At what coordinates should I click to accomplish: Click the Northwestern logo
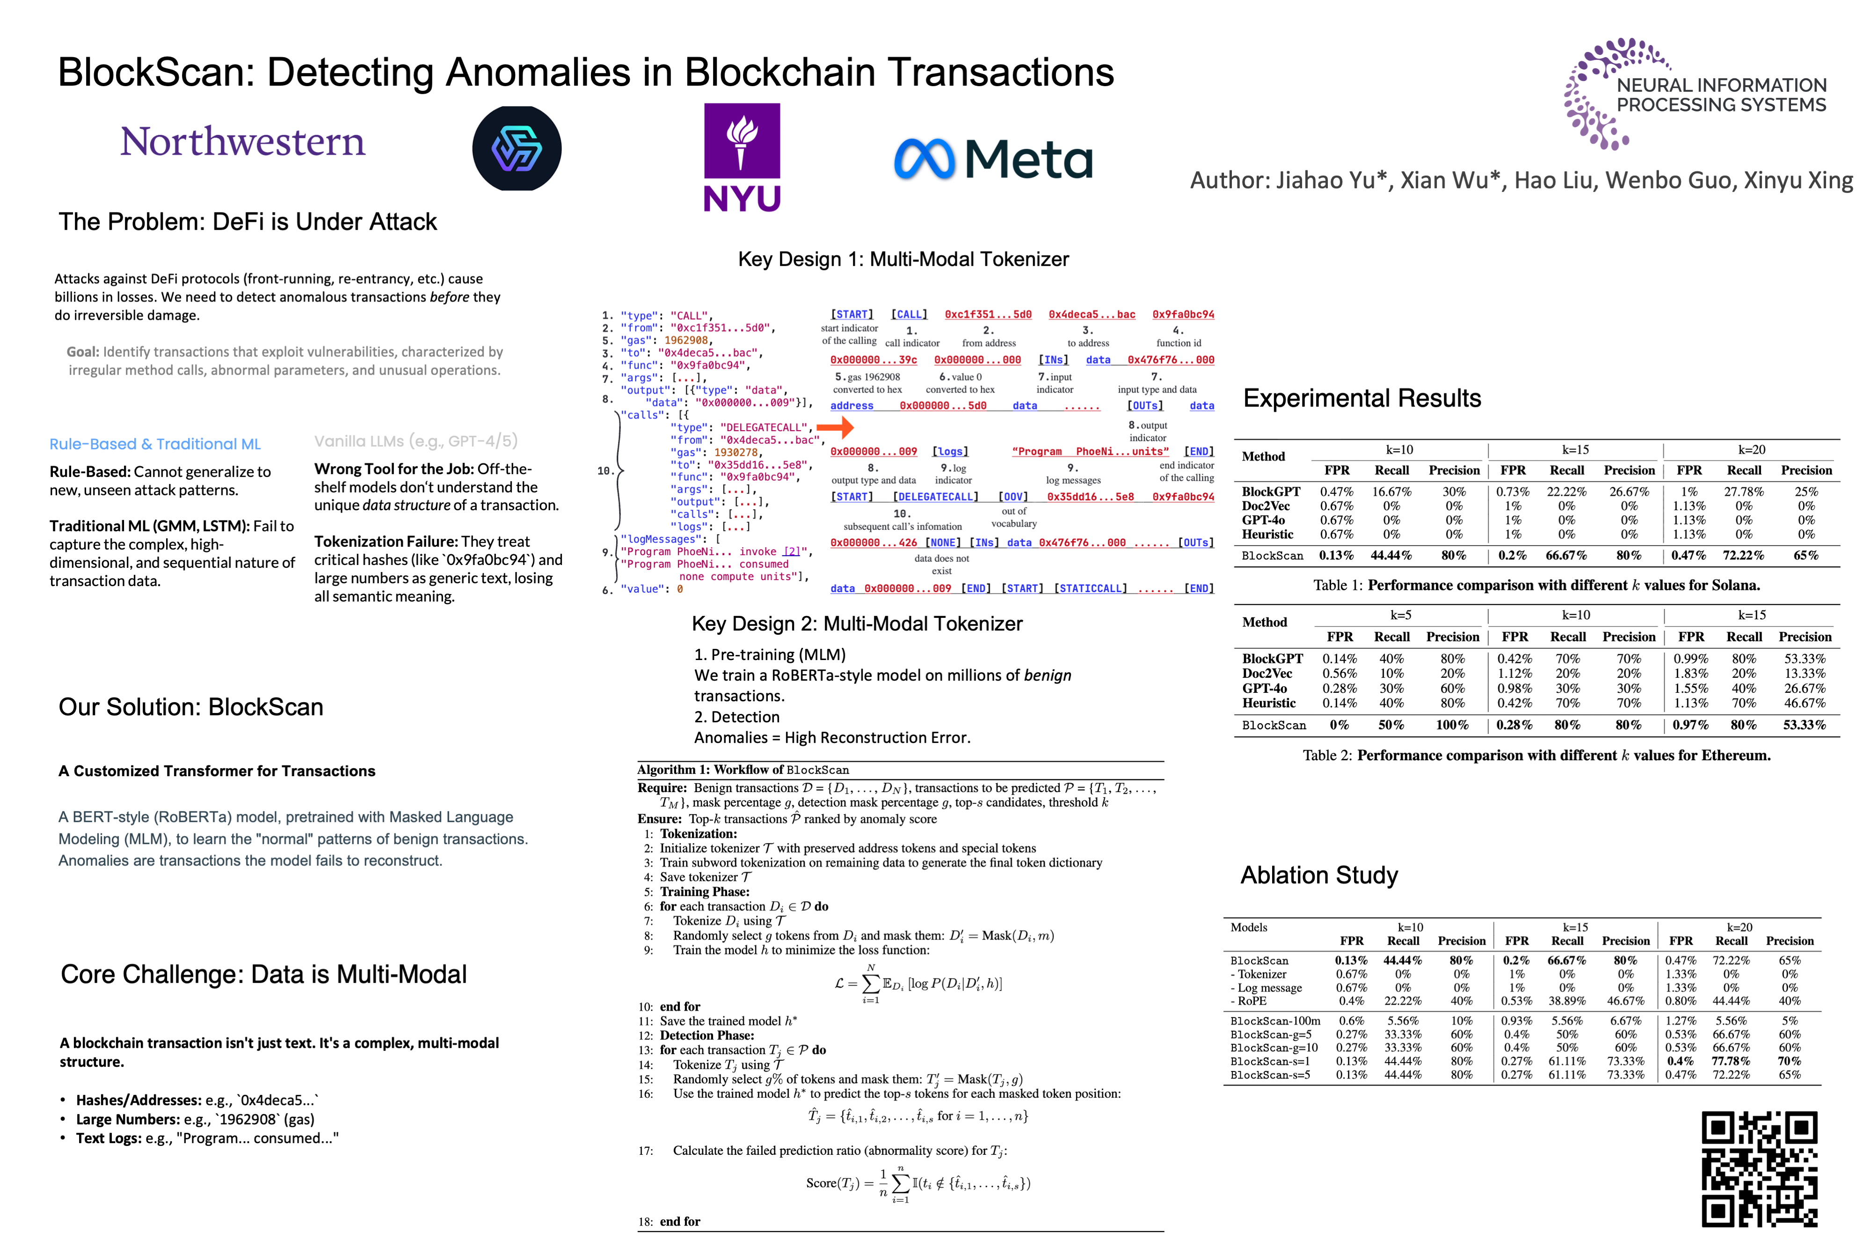pos(243,142)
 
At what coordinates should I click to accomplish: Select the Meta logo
pos(993,159)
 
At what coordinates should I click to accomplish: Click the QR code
pos(1760,1168)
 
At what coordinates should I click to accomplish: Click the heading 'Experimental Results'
pos(1362,398)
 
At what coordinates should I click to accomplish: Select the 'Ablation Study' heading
pos(1319,875)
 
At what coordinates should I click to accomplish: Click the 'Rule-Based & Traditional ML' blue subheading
pos(155,444)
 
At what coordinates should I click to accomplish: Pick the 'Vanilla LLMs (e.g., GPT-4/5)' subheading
pos(416,441)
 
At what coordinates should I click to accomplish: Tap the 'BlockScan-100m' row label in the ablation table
pos(1275,1021)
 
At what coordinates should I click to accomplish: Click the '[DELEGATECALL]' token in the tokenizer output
pos(936,497)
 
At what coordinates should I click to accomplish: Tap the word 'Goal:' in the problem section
pos(83,352)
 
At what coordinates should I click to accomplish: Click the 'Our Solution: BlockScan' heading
pos(191,707)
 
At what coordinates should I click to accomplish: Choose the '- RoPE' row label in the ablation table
pos(1248,1001)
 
